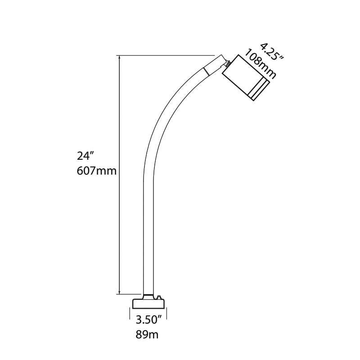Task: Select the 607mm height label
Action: click(x=97, y=171)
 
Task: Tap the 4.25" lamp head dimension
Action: click(x=272, y=52)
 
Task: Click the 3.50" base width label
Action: click(x=148, y=320)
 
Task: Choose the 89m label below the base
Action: click(x=147, y=335)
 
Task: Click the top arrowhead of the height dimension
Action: click(x=119, y=58)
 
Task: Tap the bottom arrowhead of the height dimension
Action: click(x=119, y=291)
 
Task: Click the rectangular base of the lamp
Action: click(x=149, y=303)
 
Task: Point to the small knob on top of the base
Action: click(x=158, y=297)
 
